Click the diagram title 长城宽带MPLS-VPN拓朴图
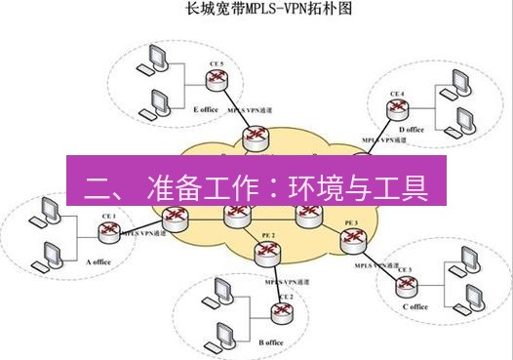tap(256, 12)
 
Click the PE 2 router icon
tap(265, 253)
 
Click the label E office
tap(205, 109)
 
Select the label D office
tap(412, 129)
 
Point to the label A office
tap(101, 262)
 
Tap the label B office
tap(271, 342)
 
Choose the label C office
tap(414, 307)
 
